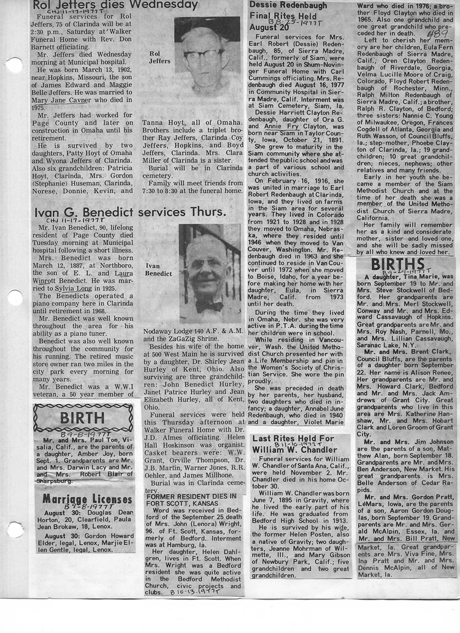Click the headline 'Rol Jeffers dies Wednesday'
(x=115, y=6)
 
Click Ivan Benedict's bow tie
(x=209, y=304)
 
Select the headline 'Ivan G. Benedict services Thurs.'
(x=130, y=212)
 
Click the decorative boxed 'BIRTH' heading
(x=82, y=419)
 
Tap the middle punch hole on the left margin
(x=14, y=298)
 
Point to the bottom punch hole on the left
(x=14, y=529)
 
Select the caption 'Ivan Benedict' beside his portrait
(x=159, y=270)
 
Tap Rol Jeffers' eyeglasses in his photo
(x=202, y=55)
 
